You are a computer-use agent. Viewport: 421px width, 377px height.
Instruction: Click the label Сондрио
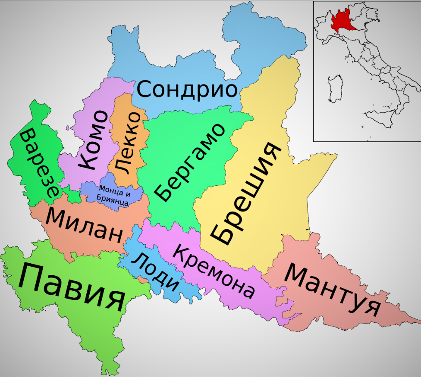[188, 90]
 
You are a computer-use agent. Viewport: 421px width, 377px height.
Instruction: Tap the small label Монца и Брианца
[113, 195]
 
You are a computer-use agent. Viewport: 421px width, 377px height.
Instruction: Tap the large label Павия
[72, 287]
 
